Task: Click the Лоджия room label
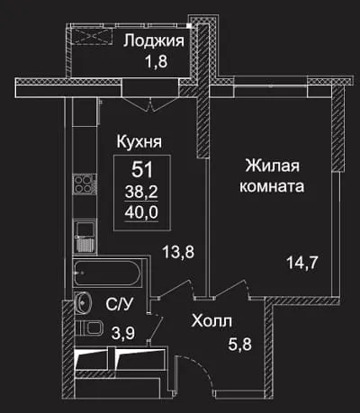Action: coord(154,41)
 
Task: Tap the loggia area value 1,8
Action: coord(157,61)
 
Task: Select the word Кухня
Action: coord(139,141)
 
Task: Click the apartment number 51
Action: coord(142,169)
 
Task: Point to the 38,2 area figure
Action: coord(141,192)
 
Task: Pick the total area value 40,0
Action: coord(141,212)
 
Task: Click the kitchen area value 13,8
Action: coord(178,252)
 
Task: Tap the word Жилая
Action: coord(273,166)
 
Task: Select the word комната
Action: coord(272,186)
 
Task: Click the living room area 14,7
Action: coord(302,263)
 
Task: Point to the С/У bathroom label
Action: coord(119,304)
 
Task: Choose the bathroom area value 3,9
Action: coord(123,333)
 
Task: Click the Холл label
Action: coord(211,321)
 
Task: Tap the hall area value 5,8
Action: coord(240,344)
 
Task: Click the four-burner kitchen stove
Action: coord(85,184)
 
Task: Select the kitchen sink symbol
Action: coord(85,237)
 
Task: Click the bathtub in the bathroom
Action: coord(108,274)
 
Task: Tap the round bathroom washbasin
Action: coord(83,302)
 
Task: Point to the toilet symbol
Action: coord(89,328)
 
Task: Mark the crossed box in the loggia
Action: coord(92,36)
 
